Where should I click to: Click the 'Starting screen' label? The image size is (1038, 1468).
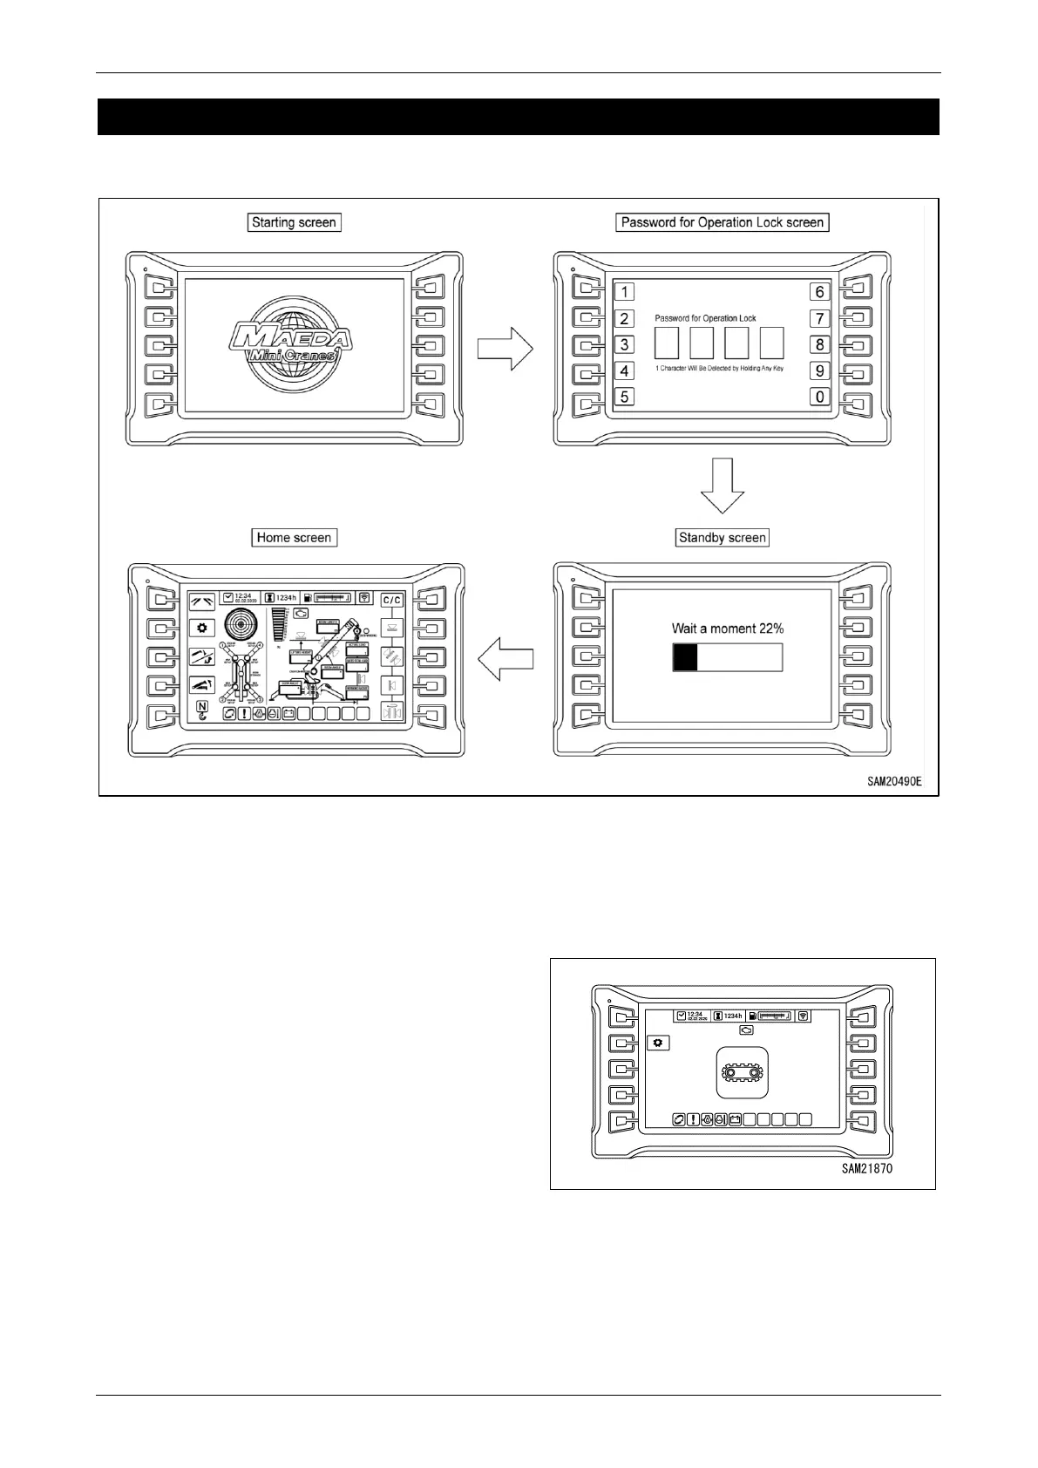click(x=294, y=222)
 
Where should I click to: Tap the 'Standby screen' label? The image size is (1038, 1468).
click(x=722, y=538)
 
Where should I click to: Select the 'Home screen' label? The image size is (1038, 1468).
click(x=294, y=538)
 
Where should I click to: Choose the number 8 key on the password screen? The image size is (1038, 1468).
click(x=819, y=344)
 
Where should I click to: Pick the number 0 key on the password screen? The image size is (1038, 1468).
click(x=819, y=397)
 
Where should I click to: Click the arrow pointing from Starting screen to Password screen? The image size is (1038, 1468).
click(x=505, y=348)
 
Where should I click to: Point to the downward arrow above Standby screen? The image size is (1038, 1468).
click(x=723, y=486)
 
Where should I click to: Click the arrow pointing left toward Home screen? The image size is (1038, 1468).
click(x=506, y=657)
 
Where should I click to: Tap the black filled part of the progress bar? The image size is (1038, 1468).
click(x=685, y=657)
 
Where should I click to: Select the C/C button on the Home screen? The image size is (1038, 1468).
click(x=392, y=600)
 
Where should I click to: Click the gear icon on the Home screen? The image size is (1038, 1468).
click(x=202, y=628)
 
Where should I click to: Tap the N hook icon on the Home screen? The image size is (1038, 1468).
click(x=202, y=710)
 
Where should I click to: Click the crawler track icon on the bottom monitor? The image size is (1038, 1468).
click(x=742, y=1072)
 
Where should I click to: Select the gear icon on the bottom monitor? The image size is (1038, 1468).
click(x=656, y=1043)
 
